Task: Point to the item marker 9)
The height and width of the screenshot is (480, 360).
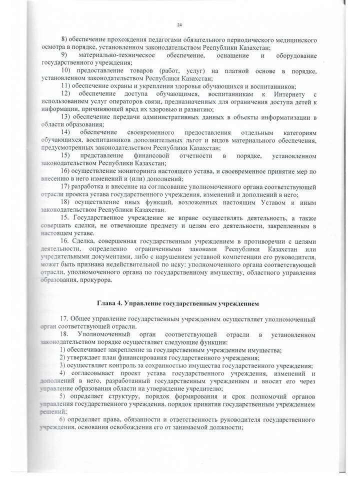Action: (64, 54)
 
